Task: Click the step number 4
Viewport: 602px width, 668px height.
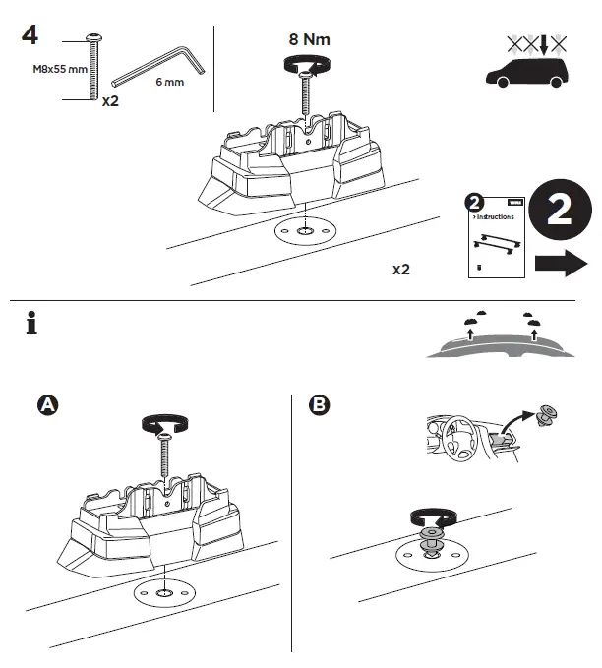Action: coord(30,34)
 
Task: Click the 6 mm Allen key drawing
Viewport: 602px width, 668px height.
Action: coord(161,65)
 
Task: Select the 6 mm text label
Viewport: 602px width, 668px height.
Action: coord(170,83)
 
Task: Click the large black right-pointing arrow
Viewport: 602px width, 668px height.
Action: coord(562,264)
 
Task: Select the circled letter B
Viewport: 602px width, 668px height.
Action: coord(319,404)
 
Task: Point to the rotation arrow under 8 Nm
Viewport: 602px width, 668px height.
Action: coord(307,64)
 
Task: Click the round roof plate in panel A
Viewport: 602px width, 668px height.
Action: coord(162,595)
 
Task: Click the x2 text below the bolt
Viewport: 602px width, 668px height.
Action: coord(110,99)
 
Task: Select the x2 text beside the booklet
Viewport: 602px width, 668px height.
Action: coord(400,269)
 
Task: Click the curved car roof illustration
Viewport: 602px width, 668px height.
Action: coord(502,344)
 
